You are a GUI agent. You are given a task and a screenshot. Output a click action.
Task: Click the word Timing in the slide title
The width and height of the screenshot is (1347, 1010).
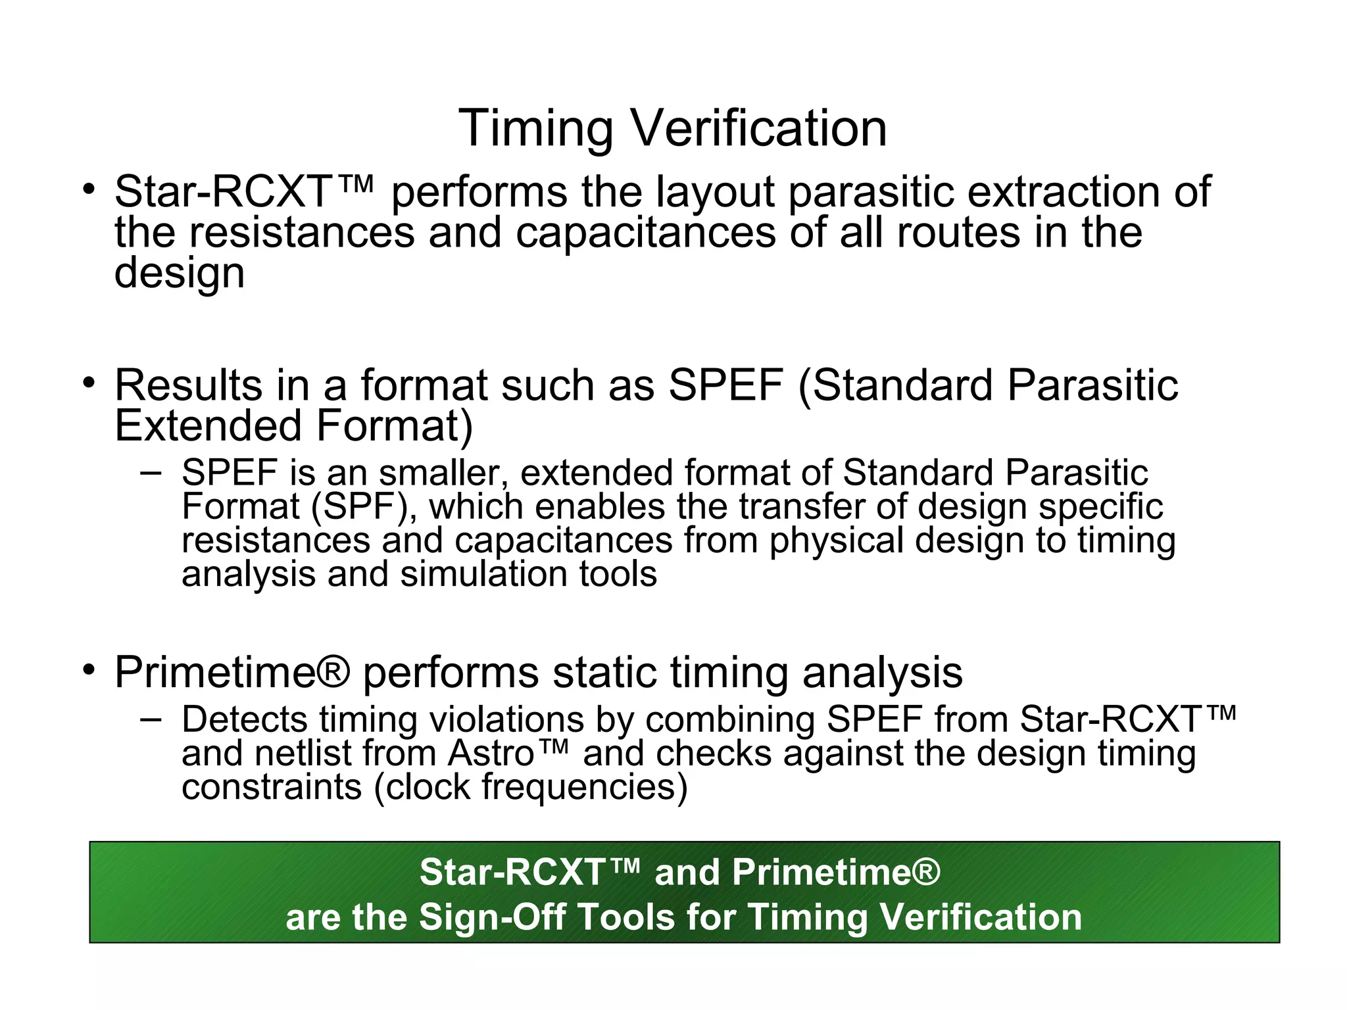click(x=536, y=128)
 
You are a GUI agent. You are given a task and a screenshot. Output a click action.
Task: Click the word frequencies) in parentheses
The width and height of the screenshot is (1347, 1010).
click(x=585, y=787)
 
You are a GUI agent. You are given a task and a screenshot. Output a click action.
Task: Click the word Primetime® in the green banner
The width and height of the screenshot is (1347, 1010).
click(x=835, y=873)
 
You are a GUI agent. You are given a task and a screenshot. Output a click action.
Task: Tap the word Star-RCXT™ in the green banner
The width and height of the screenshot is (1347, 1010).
click(x=529, y=873)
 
